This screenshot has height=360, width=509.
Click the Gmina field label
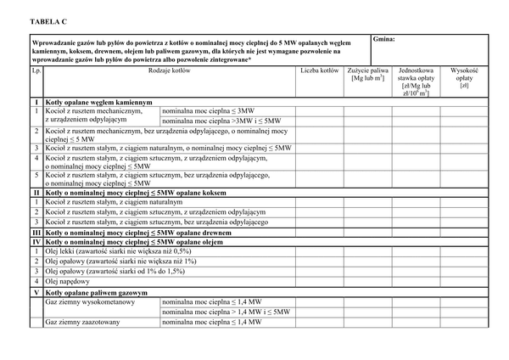point(383,39)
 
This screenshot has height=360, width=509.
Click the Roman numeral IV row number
point(36,241)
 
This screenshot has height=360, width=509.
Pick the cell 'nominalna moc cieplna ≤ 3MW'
point(207,111)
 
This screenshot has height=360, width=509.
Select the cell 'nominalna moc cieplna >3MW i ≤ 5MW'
point(219,121)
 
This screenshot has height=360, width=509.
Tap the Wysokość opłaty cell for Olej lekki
point(464,251)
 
